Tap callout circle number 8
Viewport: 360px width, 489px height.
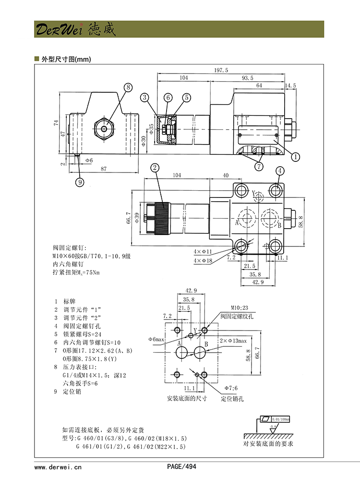[128, 87]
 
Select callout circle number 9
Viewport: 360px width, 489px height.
[80, 182]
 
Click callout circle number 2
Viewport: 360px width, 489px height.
[155, 167]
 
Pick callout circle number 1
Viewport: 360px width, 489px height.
[296, 156]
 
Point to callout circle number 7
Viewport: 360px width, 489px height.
[259, 166]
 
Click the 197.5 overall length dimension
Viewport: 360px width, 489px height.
[221, 70]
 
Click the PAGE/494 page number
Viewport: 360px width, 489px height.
[181, 466]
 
